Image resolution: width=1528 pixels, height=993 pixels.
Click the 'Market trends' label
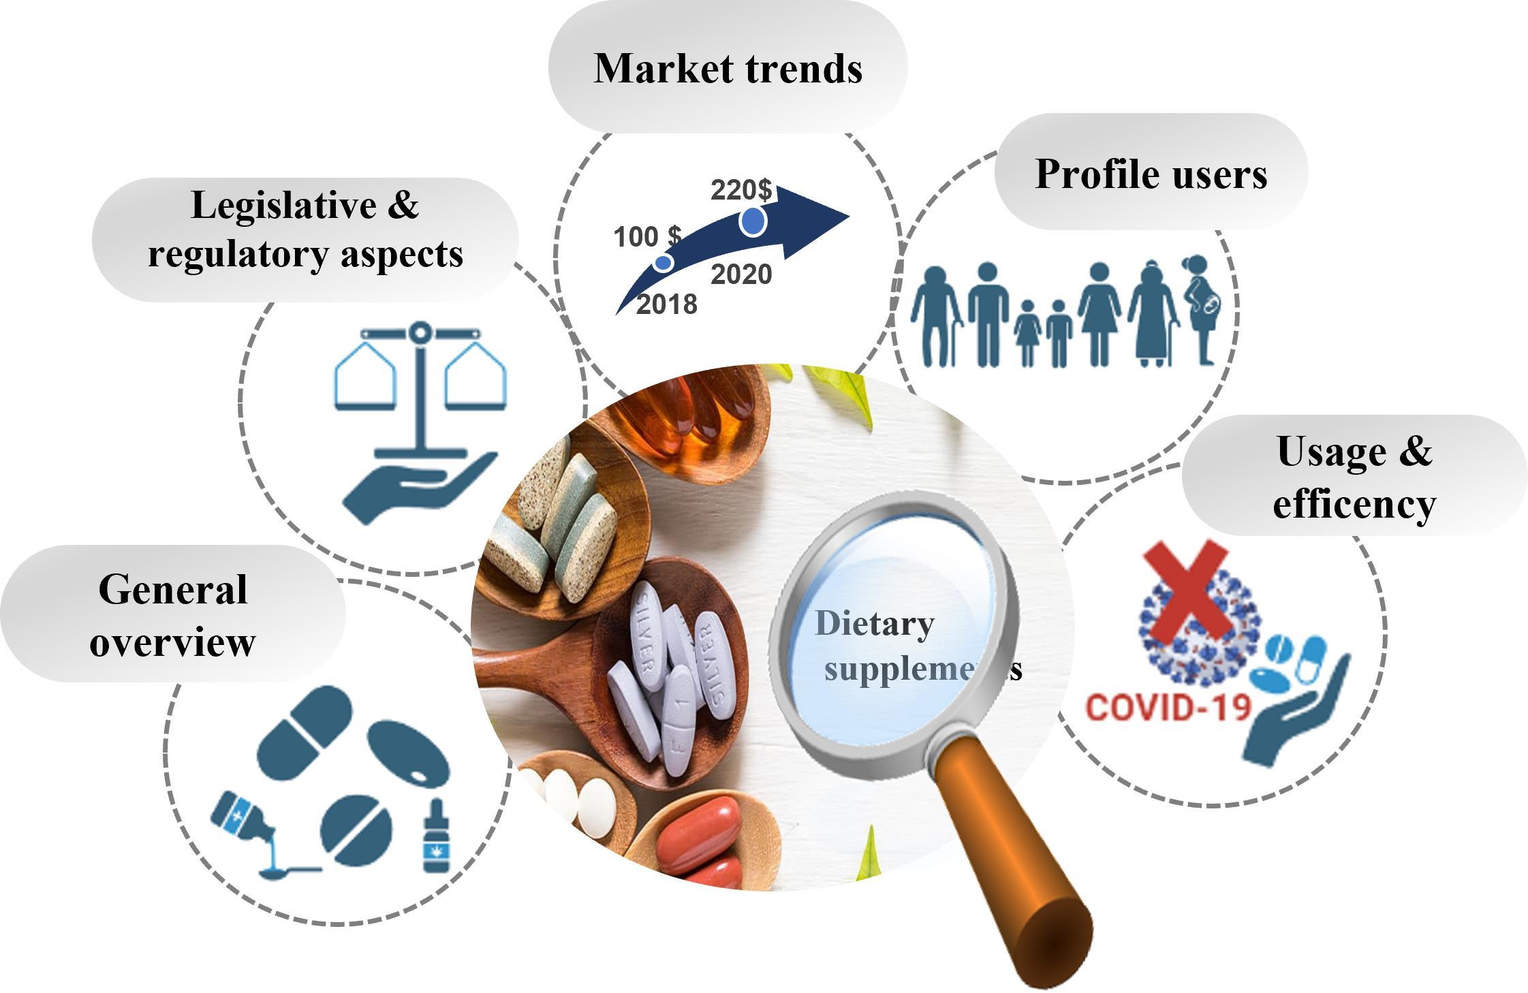tap(728, 69)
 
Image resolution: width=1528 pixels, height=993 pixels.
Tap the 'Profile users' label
tap(1151, 174)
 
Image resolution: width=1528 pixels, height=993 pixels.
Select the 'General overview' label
tap(172, 615)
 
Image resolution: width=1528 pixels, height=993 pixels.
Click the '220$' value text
tap(741, 189)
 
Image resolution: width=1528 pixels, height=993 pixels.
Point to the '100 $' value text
tap(646, 237)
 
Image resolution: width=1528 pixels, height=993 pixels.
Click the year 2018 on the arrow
tap(666, 304)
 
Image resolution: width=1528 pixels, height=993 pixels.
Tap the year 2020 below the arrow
tap(741, 274)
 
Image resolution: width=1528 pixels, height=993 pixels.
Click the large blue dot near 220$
tap(753, 221)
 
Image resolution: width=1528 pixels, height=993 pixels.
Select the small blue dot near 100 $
tap(663, 262)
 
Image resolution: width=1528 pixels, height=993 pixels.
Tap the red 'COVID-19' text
tap(1168, 708)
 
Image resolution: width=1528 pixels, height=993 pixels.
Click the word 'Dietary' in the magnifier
tap(874, 624)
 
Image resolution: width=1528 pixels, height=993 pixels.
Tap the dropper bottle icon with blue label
tap(436, 837)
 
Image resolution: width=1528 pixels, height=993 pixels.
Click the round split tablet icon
tap(356, 830)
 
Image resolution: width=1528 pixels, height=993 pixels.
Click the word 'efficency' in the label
tap(1354, 505)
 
